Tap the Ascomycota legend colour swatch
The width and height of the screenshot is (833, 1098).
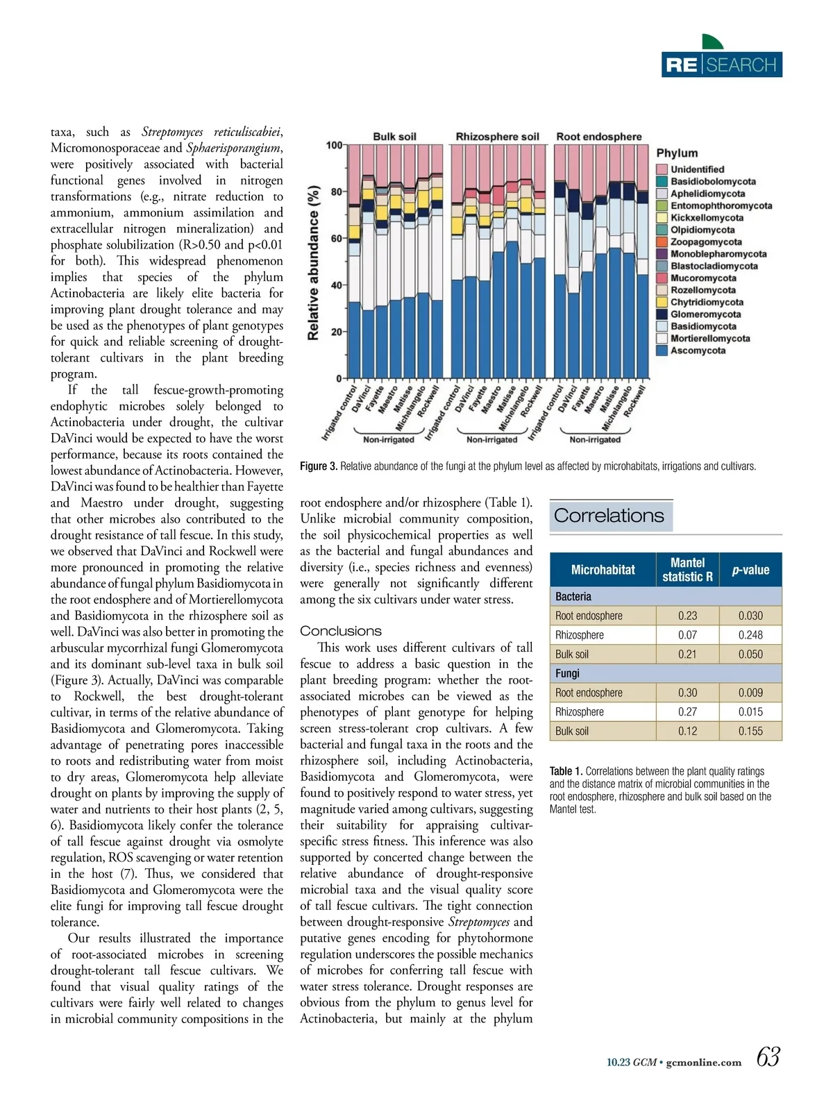click(662, 350)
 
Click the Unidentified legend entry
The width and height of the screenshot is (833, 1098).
click(697, 169)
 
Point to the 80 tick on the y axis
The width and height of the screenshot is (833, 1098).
click(336, 192)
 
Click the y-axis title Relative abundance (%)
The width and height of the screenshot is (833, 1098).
click(313, 262)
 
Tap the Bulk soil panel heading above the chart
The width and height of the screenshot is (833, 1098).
click(394, 137)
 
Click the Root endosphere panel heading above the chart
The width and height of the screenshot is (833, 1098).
click(598, 137)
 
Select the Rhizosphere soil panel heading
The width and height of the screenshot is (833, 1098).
click(497, 137)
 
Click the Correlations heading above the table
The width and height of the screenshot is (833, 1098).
click(609, 516)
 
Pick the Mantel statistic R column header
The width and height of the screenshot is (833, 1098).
click(687, 570)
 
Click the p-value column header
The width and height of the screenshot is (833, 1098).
click(750, 570)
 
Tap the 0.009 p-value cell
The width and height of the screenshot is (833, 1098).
click(750, 693)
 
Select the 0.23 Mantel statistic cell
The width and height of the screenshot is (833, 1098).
click(687, 616)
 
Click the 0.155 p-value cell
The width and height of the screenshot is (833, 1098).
click(750, 731)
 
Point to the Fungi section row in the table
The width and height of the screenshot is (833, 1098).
click(567, 673)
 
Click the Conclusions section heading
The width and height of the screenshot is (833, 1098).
click(341, 631)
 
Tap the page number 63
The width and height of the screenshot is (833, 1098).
click(768, 1057)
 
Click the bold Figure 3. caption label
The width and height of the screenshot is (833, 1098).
click(319, 466)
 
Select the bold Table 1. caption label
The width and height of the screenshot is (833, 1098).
click(566, 771)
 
